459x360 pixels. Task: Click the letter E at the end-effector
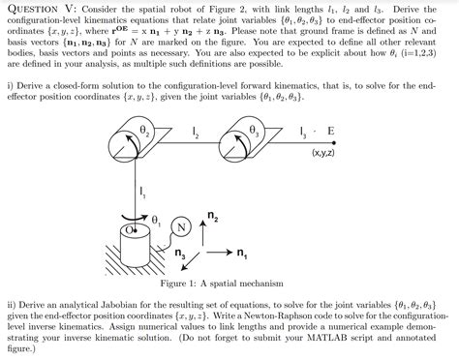[331, 131]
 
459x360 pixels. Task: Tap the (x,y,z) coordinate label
[324, 153]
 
